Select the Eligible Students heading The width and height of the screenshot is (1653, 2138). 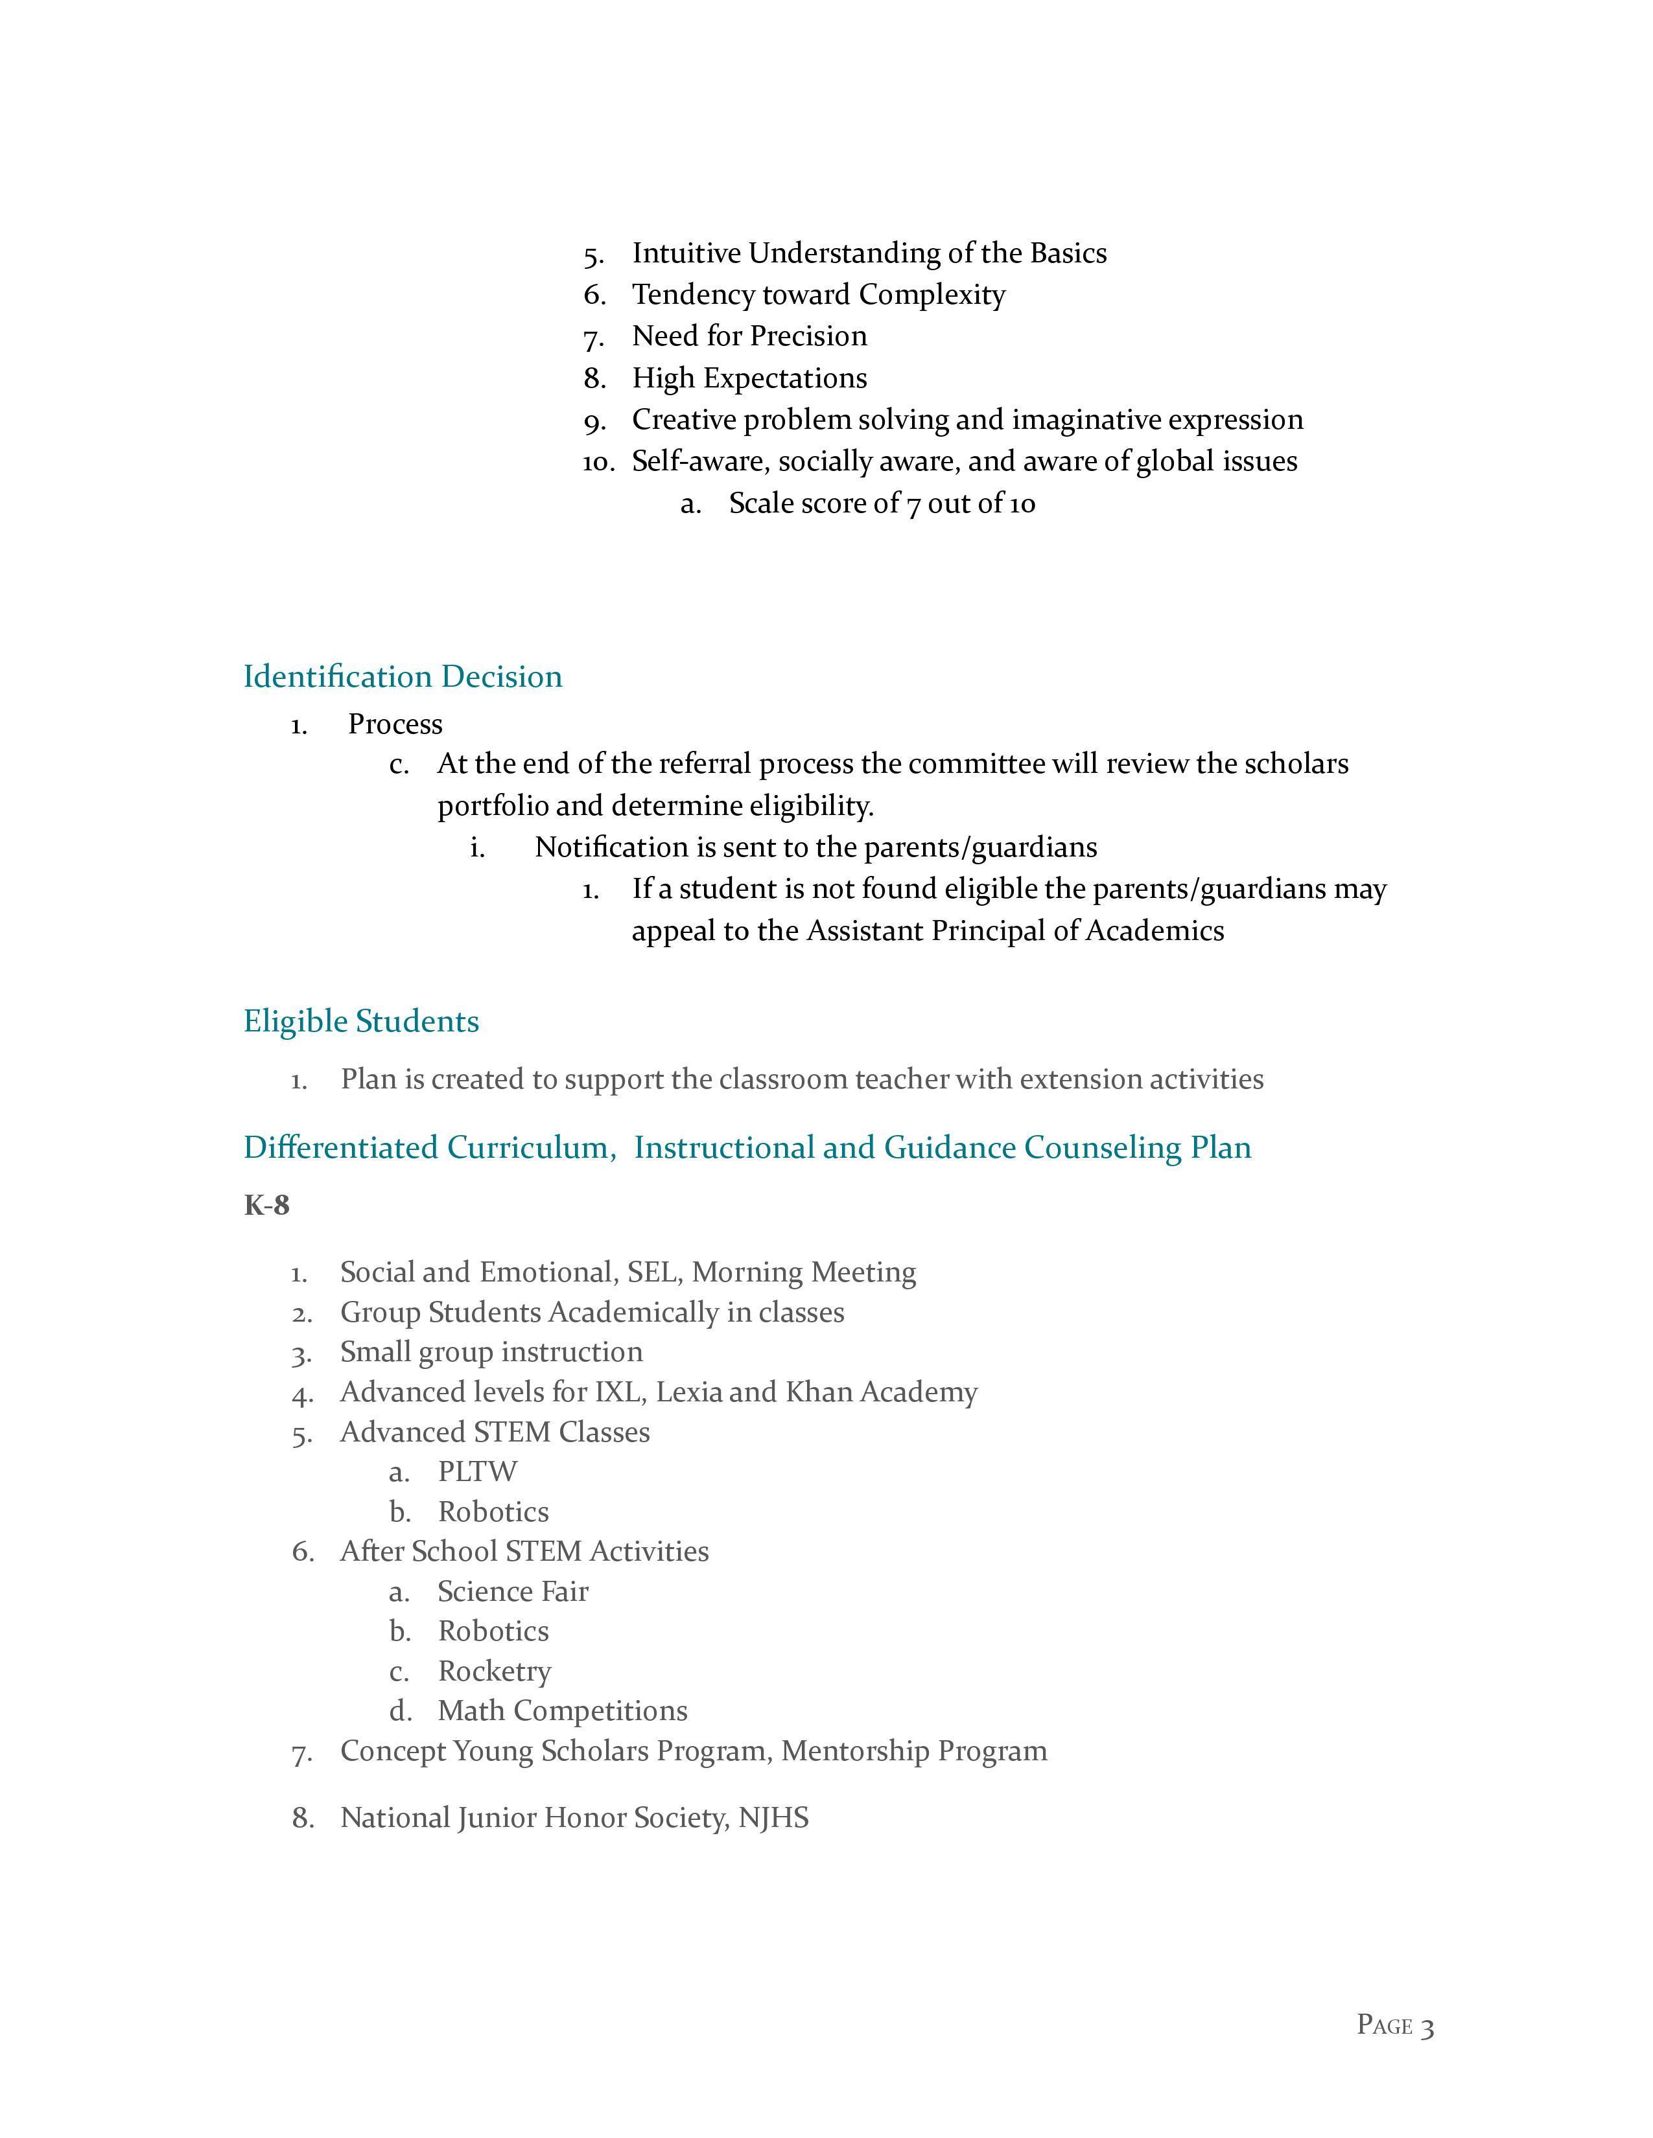360,1021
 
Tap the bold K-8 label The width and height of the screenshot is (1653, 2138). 266,1205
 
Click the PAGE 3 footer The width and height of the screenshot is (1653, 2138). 1394,2025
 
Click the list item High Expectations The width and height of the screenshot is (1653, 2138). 749,378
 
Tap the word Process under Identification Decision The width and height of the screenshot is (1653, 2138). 395,724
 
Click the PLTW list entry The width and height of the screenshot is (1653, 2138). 477,1471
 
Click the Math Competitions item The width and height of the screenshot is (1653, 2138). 562,1710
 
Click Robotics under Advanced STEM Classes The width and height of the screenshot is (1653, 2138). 493,1512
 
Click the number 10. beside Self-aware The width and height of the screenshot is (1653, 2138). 598,462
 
